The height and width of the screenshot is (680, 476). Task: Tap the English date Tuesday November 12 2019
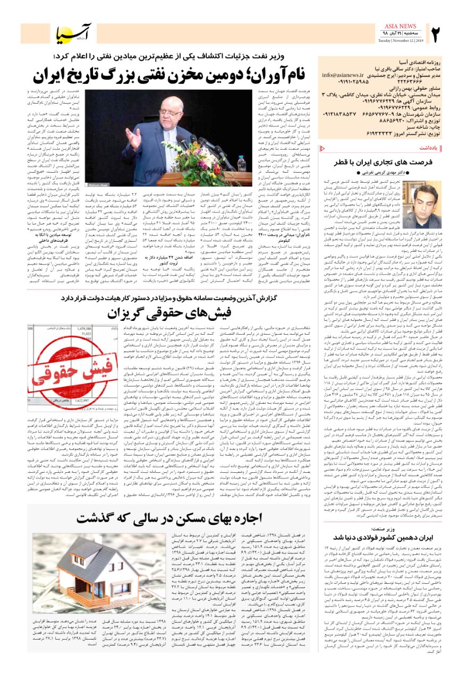pos(399,40)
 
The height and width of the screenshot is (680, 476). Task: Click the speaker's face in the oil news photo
pos(157,110)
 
